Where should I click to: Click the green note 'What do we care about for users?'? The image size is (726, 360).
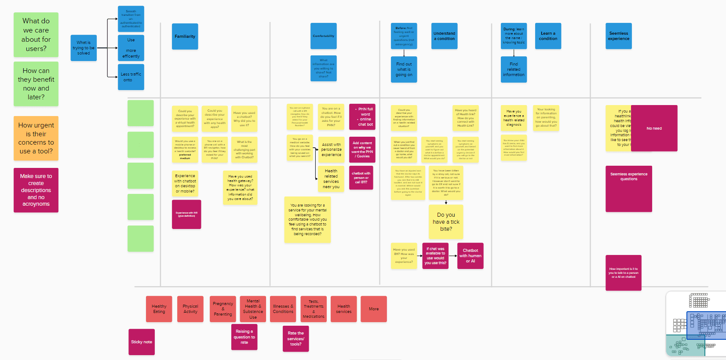click(36, 35)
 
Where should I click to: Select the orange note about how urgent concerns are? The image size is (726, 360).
click(36, 138)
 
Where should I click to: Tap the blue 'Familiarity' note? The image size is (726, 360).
click(185, 36)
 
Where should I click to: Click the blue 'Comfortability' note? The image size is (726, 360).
click(324, 36)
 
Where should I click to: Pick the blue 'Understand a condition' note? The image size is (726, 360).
click(444, 36)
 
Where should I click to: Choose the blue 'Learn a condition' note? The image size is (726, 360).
click(548, 36)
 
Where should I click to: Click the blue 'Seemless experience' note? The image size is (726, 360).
click(619, 36)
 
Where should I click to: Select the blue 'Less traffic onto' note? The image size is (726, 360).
click(131, 77)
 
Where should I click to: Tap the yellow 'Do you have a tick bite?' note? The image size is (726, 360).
click(446, 222)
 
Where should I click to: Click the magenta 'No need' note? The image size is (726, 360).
click(654, 128)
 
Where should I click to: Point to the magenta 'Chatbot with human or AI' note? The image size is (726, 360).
click(471, 256)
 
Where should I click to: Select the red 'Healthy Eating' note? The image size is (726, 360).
click(159, 309)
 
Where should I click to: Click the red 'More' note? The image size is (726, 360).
click(374, 309)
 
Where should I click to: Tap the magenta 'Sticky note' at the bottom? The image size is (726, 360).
click(142, 342)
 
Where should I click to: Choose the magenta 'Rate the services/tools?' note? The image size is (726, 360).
click(296, 338)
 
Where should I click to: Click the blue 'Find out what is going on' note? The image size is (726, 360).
click(404, 69)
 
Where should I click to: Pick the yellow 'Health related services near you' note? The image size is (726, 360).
click(331, 179)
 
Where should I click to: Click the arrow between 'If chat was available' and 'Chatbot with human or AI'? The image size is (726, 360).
click(453, 256)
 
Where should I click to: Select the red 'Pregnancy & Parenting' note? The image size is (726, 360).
click(223, 309)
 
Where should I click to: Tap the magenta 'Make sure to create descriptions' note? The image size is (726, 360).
click(36, 190)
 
